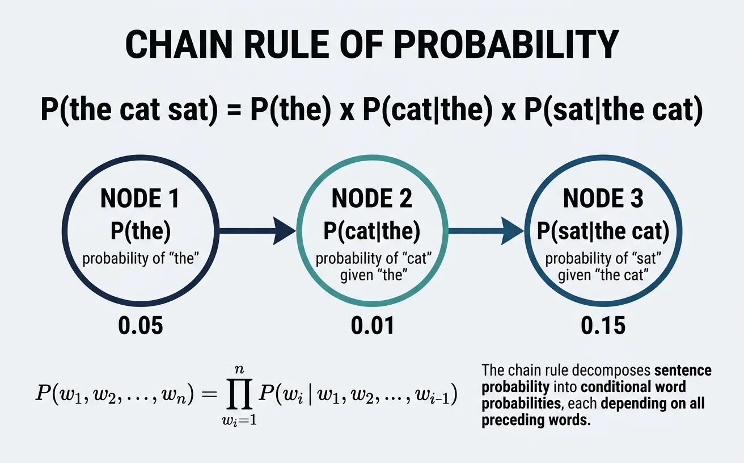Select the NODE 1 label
pos(139,199)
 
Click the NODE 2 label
pos(372,199)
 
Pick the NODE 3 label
pos(603,199)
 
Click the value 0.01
pos(372,326)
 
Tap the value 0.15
pos(603,326)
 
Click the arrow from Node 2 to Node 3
pos(485,231)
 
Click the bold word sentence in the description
pos(682,371)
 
